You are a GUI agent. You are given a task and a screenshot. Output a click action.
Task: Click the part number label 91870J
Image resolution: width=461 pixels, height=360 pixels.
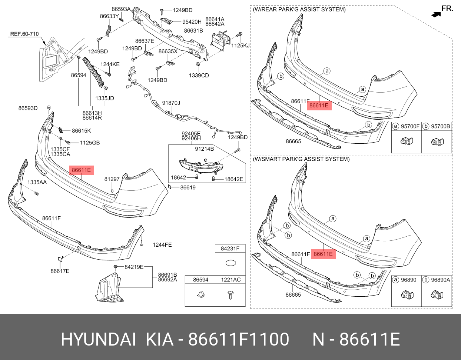pos(171,103)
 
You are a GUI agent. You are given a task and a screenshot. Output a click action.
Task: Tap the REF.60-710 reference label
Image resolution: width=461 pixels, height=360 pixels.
pos(24,34)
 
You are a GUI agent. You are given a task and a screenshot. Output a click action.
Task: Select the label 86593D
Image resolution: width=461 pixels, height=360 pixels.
pos(28,108)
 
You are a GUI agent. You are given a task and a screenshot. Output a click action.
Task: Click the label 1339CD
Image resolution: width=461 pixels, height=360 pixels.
pos(199,76)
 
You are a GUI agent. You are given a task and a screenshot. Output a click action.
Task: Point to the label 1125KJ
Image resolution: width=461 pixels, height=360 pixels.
pos(241,46)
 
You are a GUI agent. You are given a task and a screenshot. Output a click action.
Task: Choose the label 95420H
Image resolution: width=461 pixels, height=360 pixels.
pos(192,22)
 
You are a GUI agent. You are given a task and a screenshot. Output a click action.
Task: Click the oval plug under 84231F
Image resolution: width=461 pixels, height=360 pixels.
pos(230,263)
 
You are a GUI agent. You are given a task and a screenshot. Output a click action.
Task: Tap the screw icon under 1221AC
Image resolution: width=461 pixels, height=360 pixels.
pos(230,295)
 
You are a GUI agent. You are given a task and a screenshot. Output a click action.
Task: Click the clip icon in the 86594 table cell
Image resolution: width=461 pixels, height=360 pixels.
pos(200,295)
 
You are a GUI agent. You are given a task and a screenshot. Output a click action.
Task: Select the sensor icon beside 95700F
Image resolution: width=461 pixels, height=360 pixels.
pos(407,141)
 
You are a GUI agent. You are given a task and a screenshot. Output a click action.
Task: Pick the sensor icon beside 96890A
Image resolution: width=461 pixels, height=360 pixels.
pos(437,294)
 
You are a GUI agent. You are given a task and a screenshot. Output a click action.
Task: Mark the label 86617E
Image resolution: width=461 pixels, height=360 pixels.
pos(60,271)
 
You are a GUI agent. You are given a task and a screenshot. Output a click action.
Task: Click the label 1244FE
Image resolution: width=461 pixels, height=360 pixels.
pos(162,245)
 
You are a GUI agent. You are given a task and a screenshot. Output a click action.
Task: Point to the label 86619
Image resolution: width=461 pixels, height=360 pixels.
pos(188,188)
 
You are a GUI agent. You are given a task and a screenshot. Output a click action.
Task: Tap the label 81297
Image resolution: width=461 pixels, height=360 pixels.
pos(112,179)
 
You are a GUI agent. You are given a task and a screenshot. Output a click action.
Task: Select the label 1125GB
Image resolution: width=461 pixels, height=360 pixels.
pos(90,143)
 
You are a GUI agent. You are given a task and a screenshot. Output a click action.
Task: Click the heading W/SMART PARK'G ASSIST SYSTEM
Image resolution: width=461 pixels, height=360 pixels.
pos(301,159)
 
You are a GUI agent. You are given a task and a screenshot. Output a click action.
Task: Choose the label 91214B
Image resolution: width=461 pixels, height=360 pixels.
pos(205,149)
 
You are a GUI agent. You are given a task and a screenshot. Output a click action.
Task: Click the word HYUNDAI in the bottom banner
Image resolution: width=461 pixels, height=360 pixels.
pos(98,339)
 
